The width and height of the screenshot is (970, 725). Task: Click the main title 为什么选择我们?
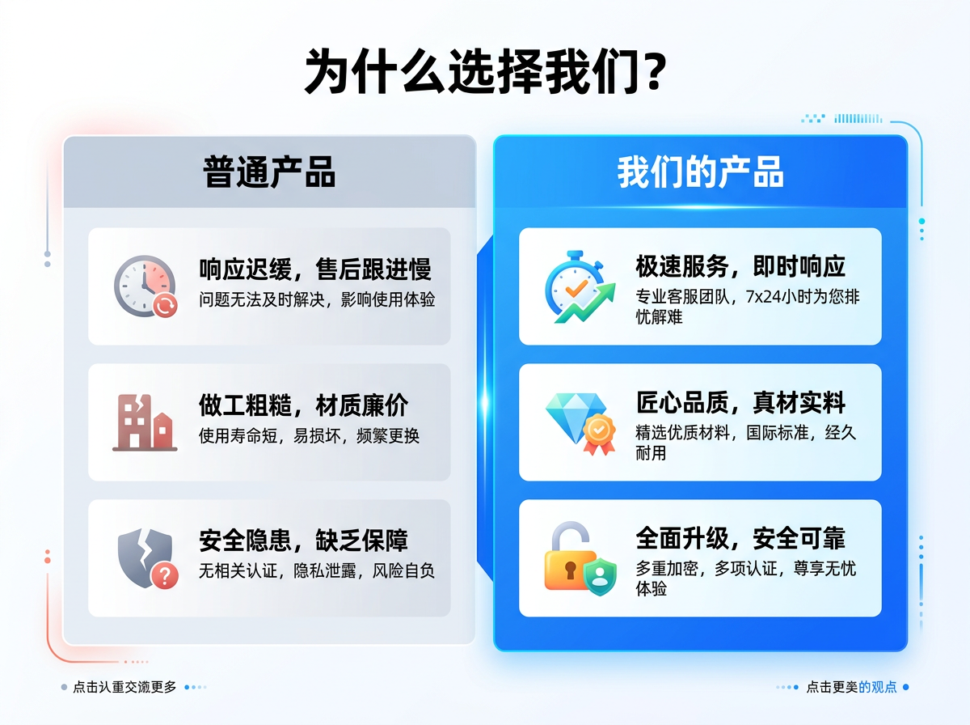pyautogui.click(x=485, y=72)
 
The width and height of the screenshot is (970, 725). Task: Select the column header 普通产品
pyautogui.click(x=269, y=171)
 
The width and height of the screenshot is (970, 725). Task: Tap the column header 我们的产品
pyautogui.click(x=700, y=171)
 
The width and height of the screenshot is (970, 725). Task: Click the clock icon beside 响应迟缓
pyautogui.click(x=145, y=286)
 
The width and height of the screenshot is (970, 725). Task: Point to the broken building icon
pyautogui.click(x=144, y=422)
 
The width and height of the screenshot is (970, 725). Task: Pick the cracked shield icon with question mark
pyautogui.click(x=145, y=558)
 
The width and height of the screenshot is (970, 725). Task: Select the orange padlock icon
pyautogui.click(x=568, y=558)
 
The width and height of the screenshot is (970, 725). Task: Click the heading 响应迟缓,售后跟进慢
pyautogui.click(x=315, y=269)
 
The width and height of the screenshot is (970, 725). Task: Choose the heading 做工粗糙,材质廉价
pyautogui.click(x=303, y=405)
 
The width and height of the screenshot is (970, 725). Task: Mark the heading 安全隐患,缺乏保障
pyautogui.click(x=303, y=540)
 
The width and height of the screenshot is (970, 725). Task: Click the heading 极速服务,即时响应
pyautogui.click(x=740, y=266)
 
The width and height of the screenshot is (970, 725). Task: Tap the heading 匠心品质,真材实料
pyautogui.click(x=740, y=402)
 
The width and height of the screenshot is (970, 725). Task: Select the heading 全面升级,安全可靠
pyautogui.click(x=740, y=538)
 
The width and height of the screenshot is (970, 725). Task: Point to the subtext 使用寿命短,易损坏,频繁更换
pyautogui.click(x=309, y=435)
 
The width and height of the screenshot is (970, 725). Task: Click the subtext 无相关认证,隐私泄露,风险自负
pyautogui.click(x=317, y=571)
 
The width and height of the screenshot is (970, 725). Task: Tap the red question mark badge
pyautogui.click(x=165, y=575)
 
